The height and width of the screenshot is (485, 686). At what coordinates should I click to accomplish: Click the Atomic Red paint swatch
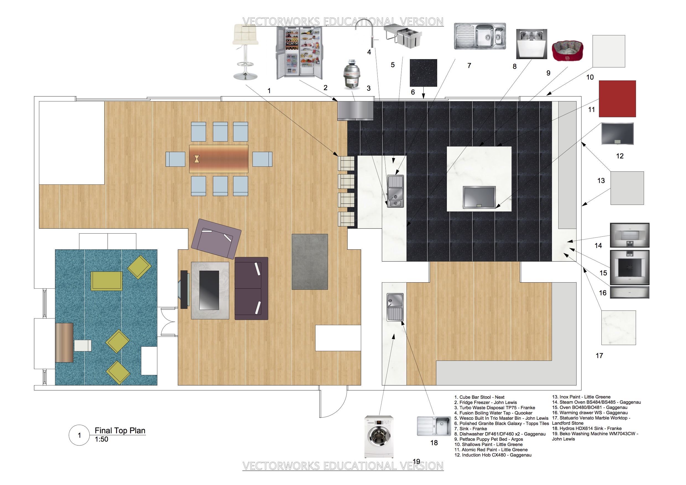(617, 99)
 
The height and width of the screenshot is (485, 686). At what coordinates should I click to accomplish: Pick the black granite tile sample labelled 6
(423, 73)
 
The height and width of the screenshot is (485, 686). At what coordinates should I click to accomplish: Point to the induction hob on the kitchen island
(479, 197)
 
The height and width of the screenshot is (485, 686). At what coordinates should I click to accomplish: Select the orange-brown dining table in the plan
(218, 159)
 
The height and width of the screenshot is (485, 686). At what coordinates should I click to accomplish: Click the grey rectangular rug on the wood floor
(309, 262)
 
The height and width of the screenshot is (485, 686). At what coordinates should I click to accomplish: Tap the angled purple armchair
(216, 238)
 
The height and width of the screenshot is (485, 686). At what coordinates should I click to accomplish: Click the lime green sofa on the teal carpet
(106, 281)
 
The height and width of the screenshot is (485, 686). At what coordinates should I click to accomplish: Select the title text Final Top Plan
(120, 430)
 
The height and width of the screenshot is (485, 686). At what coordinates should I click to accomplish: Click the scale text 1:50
(101, 439)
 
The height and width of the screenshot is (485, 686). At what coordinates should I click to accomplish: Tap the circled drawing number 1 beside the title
(79, 435)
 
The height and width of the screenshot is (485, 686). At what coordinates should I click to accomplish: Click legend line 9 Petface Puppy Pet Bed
(489, 439)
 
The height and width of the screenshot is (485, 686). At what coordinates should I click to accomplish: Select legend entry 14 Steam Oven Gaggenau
(596, 402)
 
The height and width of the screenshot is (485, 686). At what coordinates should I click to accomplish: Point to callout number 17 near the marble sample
(599, 355)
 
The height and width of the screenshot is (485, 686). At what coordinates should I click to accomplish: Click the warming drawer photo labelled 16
(629, 292)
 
